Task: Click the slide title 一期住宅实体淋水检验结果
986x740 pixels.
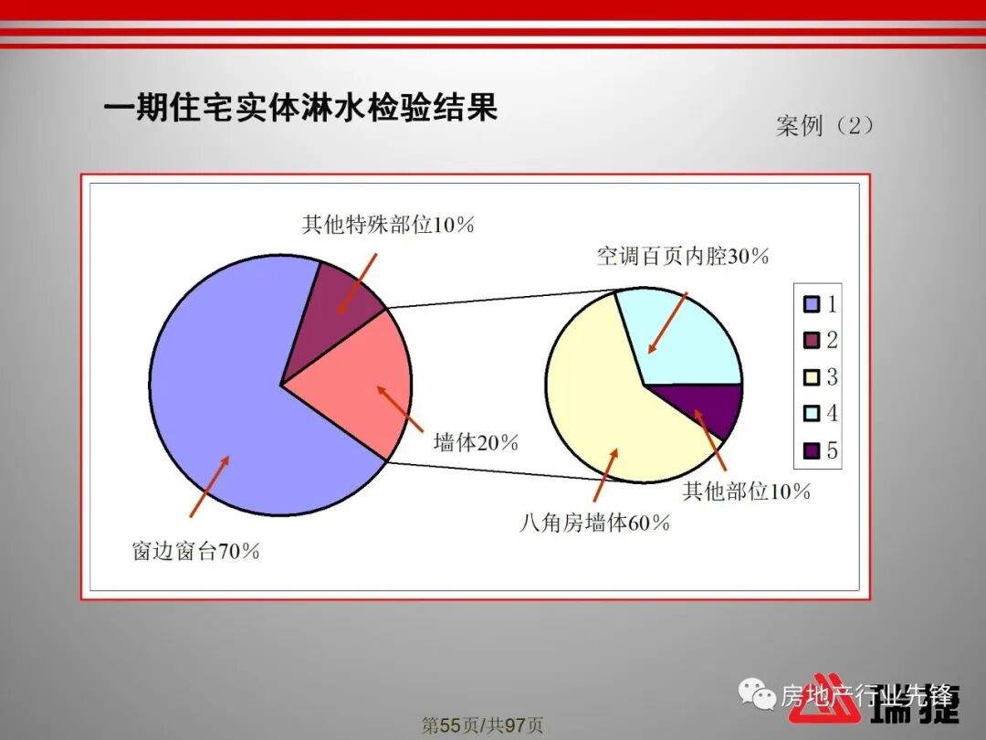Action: (x=300, y=109)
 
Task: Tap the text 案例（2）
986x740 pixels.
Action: (x=825, y=126)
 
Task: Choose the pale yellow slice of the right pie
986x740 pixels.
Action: (x=603, y=402)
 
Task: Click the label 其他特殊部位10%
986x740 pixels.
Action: (x=388, y=225)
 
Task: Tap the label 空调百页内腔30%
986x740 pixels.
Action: (x=683, y=257)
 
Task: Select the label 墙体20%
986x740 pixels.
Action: (x=476, y=444)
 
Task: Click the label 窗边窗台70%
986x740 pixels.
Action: (x=196, y=552)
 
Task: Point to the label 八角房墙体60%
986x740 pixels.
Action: (x=595, y=523)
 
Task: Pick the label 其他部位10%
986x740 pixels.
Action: (x=747, y=492)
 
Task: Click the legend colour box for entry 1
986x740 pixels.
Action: (x=811, y=305)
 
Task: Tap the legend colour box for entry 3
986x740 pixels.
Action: (x=811, y=378)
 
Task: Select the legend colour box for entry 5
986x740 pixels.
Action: (x=811, y=450)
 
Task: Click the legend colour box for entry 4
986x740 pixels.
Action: (x=811, y=415)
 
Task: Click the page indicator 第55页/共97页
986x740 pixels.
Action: (x=482, y=725)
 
